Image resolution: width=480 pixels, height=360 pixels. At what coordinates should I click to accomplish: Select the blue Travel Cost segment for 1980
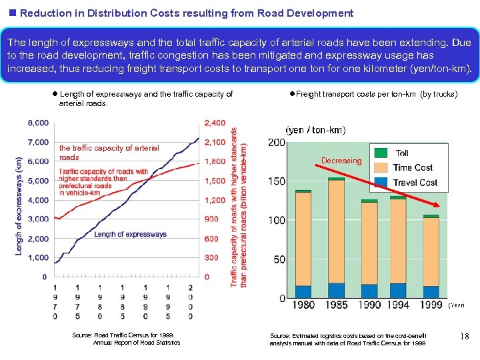tap(303, 291)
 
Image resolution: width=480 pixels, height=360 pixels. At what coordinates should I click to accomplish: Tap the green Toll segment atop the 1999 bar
tap(431, 216)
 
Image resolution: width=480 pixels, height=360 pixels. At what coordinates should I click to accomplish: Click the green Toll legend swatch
tap(381, 153)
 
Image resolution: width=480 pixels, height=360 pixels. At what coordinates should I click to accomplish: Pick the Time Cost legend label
tap(413, 167)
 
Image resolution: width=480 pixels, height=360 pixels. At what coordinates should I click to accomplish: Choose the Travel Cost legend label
tap(415, 182)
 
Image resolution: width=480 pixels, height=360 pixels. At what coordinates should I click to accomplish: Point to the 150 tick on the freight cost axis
tap(277, 181)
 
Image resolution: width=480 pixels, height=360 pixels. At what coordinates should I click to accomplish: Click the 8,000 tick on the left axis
tap(38, 123)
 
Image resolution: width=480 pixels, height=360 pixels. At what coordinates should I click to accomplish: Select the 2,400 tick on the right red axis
tap(215, 123)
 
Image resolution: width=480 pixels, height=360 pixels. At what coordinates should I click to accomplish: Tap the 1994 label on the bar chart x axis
tap(399, 305)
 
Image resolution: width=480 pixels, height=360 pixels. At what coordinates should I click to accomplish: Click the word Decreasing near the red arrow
tap(341, 161)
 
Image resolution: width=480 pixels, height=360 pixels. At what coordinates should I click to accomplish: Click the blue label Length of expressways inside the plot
tap(130, 234)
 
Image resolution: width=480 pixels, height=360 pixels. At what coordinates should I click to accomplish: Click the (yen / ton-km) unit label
tap(315, 129)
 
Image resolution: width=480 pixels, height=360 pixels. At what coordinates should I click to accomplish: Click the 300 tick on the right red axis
tap(211, 257)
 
